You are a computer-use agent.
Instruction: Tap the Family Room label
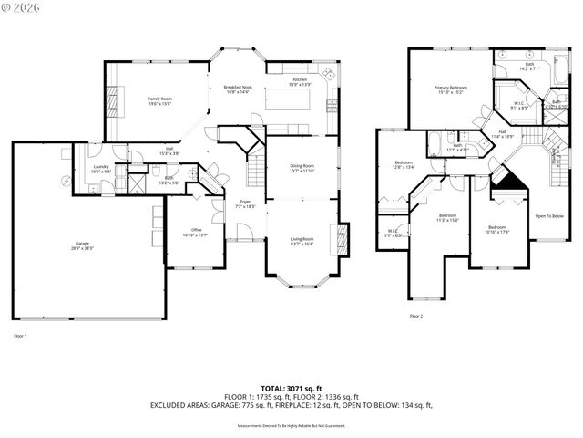point(160,100)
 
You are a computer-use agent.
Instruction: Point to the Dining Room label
point(302,168)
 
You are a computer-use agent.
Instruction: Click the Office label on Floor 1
point(196,232)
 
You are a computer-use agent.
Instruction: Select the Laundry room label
point(100,169)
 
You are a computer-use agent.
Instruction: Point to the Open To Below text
point(548,216)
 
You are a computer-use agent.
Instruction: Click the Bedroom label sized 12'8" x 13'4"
point(404,164)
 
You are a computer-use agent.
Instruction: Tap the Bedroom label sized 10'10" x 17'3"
point(496,228)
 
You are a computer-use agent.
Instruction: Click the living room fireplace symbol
point(343,239)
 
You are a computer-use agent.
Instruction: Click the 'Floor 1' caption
point(20,336)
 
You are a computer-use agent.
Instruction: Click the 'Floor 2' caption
point(416,316)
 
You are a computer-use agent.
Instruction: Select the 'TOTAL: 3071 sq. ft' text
point(291,389)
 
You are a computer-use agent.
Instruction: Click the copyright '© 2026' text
point(22,9)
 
